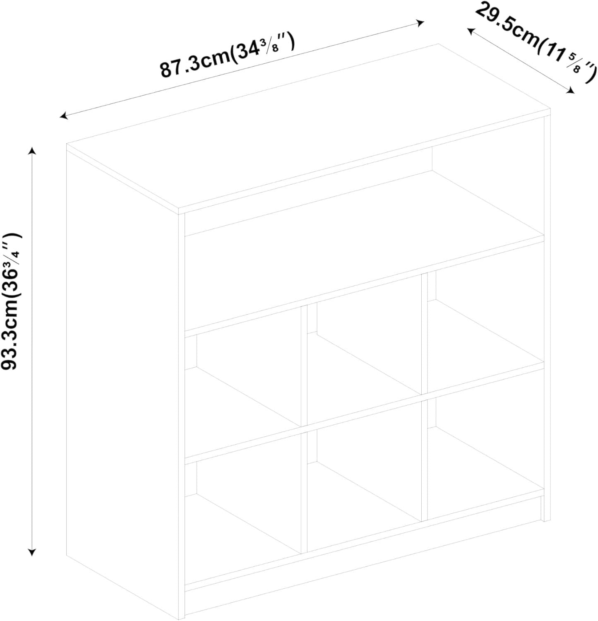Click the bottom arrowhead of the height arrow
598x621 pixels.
[x=32, y=552]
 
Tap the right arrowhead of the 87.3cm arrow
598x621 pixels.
[x=420, y=22]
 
